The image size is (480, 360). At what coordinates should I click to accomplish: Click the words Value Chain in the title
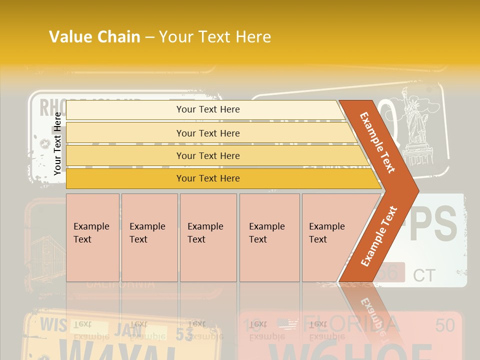point(94,37)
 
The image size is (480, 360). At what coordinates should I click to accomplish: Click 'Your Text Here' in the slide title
point(214,37)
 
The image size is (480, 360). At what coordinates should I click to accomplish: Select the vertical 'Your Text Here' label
point(57,143)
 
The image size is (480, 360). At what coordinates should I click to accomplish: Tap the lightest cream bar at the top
point(208,109)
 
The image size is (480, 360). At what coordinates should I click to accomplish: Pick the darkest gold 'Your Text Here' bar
point(208,178)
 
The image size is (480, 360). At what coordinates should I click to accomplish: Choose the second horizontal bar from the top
point(208,133)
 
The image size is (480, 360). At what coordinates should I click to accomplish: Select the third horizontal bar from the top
point(208,156)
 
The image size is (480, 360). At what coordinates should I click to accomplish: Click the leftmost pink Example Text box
point(92,237)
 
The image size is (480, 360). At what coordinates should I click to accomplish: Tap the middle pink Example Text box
point(208,237)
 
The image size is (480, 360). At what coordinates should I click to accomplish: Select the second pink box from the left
point(149,237)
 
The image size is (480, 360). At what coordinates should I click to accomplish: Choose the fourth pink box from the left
point(269,237)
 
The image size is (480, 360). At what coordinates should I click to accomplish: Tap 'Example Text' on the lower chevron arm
point(379,236)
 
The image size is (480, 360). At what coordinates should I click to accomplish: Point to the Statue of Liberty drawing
point(414,120)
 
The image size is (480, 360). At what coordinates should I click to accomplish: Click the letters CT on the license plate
point(424,275)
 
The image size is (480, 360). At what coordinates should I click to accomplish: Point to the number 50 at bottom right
point(444,325)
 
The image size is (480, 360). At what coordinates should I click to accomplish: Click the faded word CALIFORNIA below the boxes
point(120,284)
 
